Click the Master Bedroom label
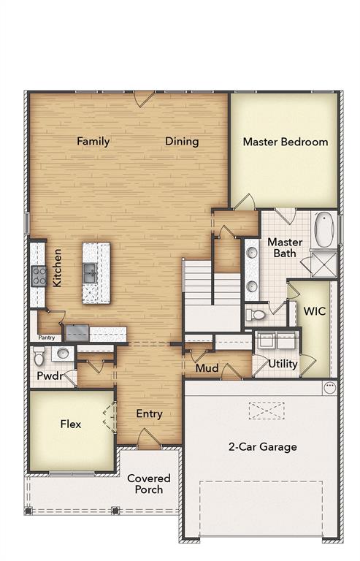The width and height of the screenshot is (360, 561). tap(286, 142)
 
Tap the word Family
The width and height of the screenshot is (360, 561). tap(93, 141)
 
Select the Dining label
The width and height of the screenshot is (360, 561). tap(182, 142)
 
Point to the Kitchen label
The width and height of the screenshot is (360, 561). tap(57, 267)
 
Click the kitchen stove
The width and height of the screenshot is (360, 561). tap(39, 276)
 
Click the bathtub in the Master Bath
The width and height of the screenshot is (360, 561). tap(325, 229)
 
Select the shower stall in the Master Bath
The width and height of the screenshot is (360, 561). tap(324, 264)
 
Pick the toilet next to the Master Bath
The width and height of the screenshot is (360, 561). tap(256, 315)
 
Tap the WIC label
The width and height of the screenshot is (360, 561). tap(315, 311)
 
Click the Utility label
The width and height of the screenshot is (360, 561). tap(283, 364)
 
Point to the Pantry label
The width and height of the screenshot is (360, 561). tap(47, 337)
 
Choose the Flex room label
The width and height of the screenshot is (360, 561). tap(71, 424)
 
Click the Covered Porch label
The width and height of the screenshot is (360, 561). tap(149, 484)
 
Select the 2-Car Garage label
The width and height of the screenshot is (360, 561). tap(263, 447)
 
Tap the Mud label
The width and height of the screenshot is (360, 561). tap(207, 368)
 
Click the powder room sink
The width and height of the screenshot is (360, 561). tap(63, 353)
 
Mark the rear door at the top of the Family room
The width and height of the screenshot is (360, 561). tap(144, 99)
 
